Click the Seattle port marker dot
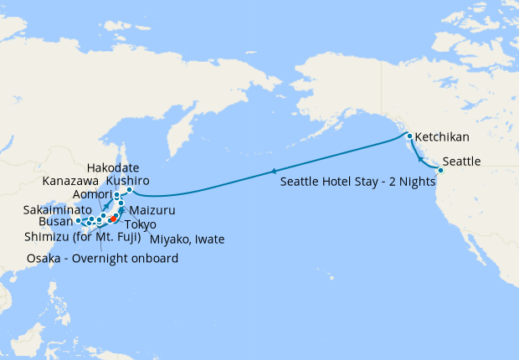[440, 171]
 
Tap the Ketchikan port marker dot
[409, 136]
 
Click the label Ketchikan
[442, 136]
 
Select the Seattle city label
[461, 161]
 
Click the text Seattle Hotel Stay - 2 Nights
[357, 182]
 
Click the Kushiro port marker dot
[130, 190]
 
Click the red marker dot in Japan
[112, 219]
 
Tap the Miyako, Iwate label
[187, 240]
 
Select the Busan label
[56, 224]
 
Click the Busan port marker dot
[79, 221]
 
